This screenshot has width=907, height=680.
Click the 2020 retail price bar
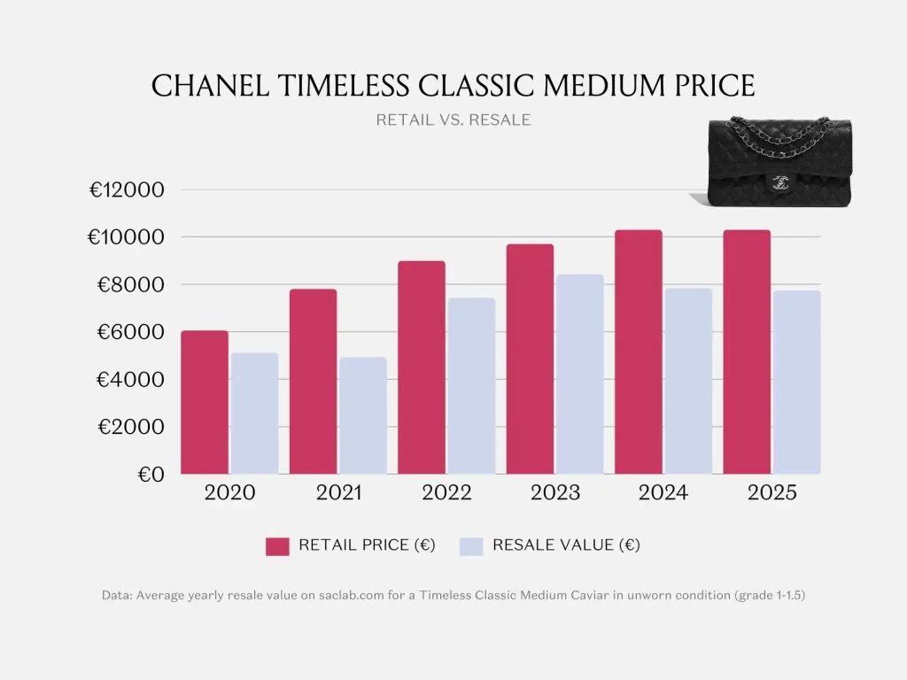point(205,403)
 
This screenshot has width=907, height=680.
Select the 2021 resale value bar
point(363,416)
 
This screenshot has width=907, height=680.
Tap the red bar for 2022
point(422,367)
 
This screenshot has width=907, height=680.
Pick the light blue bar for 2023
point(579,375)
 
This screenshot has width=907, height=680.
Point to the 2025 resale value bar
point(796,382)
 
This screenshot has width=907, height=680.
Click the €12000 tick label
point(127,190)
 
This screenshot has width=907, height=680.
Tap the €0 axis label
point(151,475)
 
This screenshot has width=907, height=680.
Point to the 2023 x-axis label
point(555,493)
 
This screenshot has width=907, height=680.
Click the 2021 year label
point(338,493)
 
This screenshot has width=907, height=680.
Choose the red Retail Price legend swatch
point(277,545)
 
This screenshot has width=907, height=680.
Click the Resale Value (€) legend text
point(565,545)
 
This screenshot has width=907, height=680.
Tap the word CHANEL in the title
point(205,86)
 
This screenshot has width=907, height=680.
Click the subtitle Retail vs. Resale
point(453,120)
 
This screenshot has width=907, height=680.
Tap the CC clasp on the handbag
point(780,182)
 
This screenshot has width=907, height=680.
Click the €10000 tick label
point(127,237)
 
